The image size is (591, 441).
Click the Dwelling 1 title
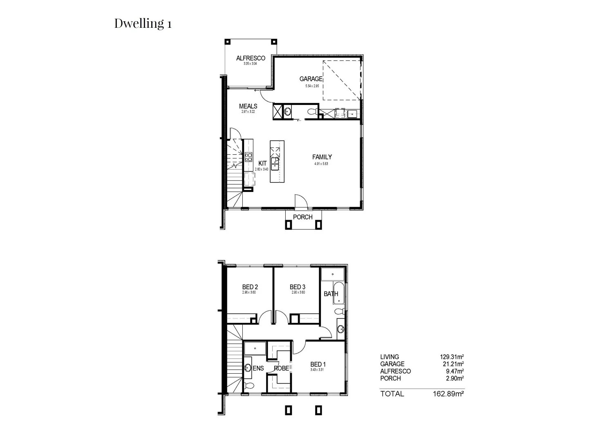pyautogui.click(x=143, y=23)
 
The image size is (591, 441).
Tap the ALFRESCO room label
pyautogui.click(x=251, y=58)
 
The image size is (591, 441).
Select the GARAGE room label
pyautogui.click(x=311, y=79)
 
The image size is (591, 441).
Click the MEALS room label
pyautogui.click(x=248, y=106)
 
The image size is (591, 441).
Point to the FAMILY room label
pyautogui.click(x=322, y=157)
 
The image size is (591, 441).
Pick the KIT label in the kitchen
pyautogui.click(x=262, y=163)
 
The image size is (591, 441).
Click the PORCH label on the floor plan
pyautogui.click(x=302, y=217)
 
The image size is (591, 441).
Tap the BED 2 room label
pyautogui.click(x=250, y=287)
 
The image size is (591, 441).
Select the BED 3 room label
pyautogui.click(x=298, y=287)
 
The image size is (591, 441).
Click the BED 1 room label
pyautogui.click(x=318, y=364)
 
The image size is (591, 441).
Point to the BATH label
pyautogui.click(x=331, y=294)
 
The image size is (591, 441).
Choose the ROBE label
pyautogui.click(x=281, y=368)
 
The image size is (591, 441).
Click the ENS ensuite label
pyautogui.click(x=258, y=368)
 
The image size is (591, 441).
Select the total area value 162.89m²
pyautogui.click(x=448, y=394)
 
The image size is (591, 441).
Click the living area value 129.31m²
pyautogui.click(x=452, y=357)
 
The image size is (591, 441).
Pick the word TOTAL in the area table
pyautogui.click(x=392, y=394)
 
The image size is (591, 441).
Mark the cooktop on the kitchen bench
pyautogui.click(x=248, y=157)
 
